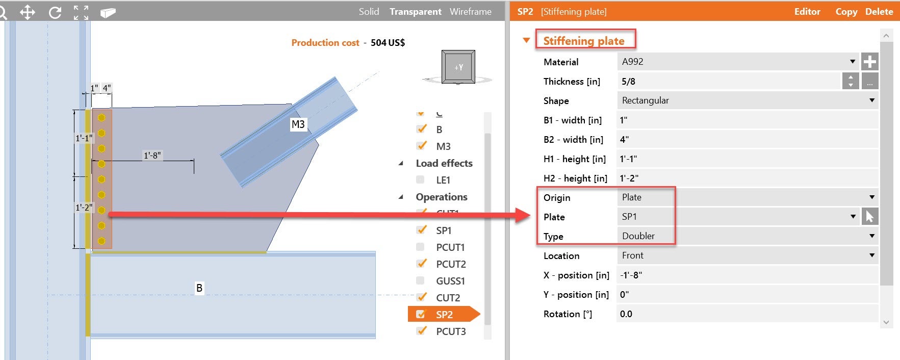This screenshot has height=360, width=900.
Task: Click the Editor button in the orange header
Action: point(807,11)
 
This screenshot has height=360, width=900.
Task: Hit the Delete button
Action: point(879,11)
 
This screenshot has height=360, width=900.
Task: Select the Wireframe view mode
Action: point(471,11)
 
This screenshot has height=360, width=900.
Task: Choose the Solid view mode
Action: point(369,11)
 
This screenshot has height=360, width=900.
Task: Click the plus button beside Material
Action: point(869,62)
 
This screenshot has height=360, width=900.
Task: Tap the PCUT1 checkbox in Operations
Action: point(420,247)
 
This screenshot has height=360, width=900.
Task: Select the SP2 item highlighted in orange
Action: point(444,315)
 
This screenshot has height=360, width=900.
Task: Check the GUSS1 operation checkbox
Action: point(420,280)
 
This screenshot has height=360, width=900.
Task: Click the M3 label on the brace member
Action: point(298,124)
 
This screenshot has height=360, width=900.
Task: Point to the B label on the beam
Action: point(199,288)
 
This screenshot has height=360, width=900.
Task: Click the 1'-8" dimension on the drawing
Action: point(152,156)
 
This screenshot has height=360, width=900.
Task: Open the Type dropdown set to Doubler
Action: point(747,236)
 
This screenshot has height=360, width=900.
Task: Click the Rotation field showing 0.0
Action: point(747,314)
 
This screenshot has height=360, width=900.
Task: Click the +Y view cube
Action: point(458,67)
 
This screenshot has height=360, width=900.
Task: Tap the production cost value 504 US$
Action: point(388,43)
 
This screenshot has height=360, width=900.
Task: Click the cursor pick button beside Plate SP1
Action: point(869,217)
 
